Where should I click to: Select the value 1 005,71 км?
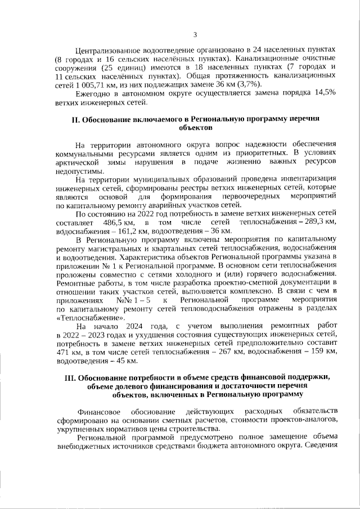tap(85, 83)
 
